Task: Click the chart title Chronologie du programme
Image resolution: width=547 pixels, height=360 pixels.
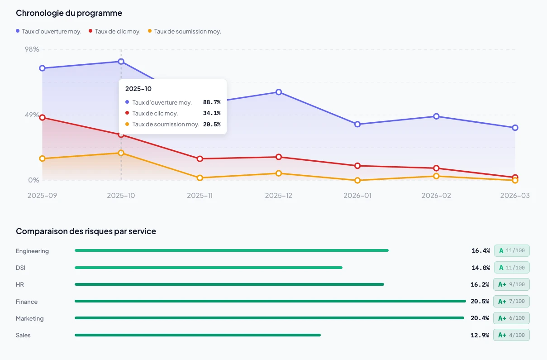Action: pyautogui.click(x=69, y=13)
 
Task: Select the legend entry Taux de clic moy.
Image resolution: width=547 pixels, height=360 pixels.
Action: pyautogui.click(x=117, y=31)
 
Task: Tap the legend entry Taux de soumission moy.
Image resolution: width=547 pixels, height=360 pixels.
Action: pyautogui.click(x=187, y=31)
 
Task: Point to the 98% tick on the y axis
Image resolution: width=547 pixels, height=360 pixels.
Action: pyautogui.click(x=32, y=49)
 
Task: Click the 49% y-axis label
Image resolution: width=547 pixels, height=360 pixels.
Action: pyautogui.click(x=32, y=115)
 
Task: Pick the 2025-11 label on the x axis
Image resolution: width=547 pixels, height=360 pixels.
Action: pyautogui.click(x=200, y=196)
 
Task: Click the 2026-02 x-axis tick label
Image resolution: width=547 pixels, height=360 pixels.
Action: pyautogui.click(x=436, y=196)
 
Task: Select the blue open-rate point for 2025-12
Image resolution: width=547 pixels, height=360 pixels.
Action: pyautogui.click(x=279, y=92)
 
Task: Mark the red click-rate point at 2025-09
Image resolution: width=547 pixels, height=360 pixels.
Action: pyautogui.click(x=42, y=118)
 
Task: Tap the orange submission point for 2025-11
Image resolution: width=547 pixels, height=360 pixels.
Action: pyautogui.click(x=200, y=178)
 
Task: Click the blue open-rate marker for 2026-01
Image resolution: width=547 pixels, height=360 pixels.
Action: pyautogui.click(x=357, y=124)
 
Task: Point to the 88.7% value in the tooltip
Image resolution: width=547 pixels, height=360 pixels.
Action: pyautogui.click(x=211, y=102)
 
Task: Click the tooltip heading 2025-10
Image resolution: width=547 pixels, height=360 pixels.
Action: pyautogui.click(x=138, y=89)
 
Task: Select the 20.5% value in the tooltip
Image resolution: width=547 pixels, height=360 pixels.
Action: pyautogui.click(x=211, y=124)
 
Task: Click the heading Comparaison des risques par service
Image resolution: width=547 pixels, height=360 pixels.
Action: pyautogui.click(x=86, y=231)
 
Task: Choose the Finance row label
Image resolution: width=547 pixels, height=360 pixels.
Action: pyautogui.click(x=27, y=302)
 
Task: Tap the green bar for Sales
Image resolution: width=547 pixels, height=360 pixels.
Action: pyautogui.click(x=197, y=335)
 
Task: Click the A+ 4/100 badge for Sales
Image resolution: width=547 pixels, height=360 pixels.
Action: pyautogui.click(x=511, y=335)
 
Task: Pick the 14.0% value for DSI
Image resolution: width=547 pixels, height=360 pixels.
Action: pyautogui.click(x=480, y=268)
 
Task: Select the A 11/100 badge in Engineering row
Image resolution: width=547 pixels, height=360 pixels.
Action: pyautogui.click(x=511, y=251)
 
